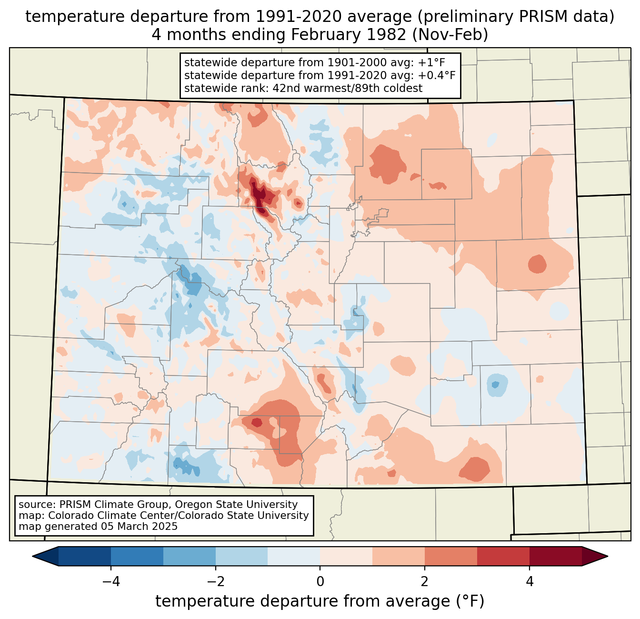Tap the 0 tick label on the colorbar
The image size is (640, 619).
[320, 581]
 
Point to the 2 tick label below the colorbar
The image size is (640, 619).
[425, 581]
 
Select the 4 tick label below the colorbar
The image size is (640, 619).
[529, 581]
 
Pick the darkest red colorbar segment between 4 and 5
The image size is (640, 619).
[555, 556]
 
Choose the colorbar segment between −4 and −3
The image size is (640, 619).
[137, 556]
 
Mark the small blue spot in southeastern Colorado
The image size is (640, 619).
[495, 384]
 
